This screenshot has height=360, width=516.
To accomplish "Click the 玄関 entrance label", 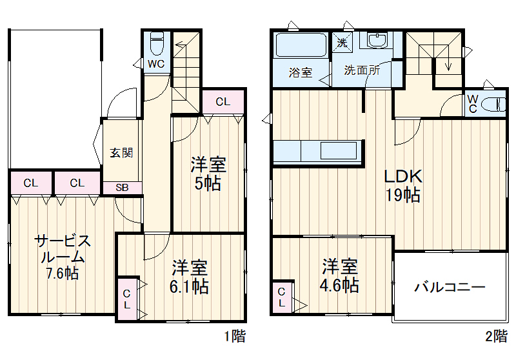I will [121, 153].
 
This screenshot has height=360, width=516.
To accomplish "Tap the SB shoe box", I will [122, 188].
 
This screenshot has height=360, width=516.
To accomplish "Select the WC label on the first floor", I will [155, 64].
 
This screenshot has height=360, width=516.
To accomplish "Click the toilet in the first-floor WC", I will [156, 45].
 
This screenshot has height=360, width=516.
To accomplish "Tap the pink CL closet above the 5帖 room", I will [223, 102].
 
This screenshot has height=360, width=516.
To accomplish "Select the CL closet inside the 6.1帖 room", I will [127, 298].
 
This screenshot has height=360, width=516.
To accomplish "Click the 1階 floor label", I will [234, 335].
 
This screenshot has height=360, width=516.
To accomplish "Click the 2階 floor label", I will [495, 335].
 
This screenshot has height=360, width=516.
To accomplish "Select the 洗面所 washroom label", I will [361, 70].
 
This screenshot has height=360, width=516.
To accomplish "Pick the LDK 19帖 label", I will [403, 185].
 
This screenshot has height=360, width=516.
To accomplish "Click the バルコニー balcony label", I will [450, 287].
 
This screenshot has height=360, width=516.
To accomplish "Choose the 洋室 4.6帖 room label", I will [341, 275].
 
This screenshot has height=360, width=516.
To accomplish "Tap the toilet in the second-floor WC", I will [495, 104].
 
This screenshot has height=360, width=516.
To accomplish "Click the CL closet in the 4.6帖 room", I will [282, 298].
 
